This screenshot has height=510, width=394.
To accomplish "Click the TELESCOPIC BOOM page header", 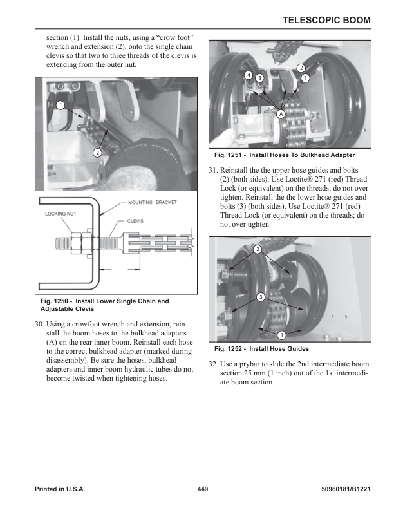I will point(326,21).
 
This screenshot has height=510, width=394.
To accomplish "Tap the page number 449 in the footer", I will point(203,489).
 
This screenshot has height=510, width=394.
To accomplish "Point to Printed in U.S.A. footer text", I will point(60,489).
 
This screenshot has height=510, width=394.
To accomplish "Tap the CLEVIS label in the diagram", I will point(135,221).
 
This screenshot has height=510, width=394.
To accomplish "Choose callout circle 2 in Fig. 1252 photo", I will point(257,249).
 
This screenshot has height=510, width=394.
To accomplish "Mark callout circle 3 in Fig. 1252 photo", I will point(260,297).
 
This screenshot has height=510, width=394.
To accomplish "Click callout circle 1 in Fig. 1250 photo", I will point(60,105).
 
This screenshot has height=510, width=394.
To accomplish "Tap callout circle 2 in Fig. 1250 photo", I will point(97,153).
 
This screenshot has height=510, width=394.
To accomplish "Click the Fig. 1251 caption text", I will point(284,155).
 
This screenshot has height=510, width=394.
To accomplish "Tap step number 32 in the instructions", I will point(214,364).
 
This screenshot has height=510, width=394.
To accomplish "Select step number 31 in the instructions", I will point(214,170).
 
